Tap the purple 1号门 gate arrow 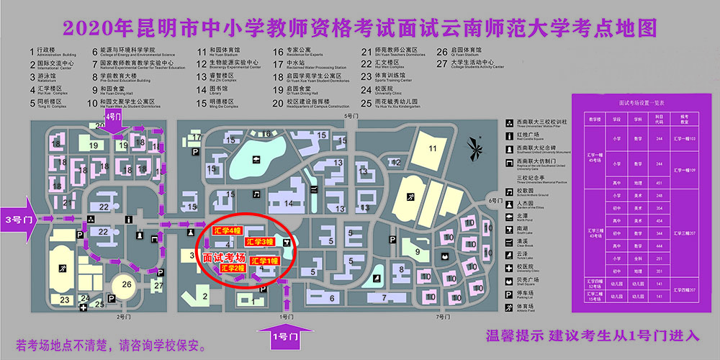point(286,336)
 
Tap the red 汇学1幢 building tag point(265,261)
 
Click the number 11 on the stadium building point(433,148)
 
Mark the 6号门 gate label point(494,199)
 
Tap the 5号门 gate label point(351,115)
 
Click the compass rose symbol point(476,150)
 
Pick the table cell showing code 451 point(659,182)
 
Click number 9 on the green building point(417,251)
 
